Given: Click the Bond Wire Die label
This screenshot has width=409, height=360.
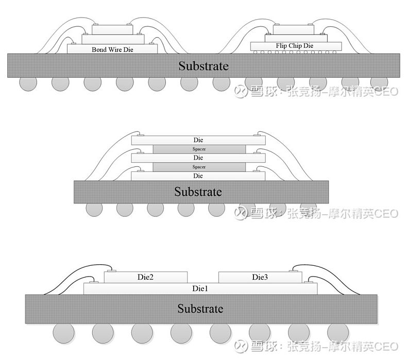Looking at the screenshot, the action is pyautogui.click(x=112, y=49).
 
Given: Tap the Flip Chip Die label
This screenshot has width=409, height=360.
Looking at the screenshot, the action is pyautogui.click(x=295, y=46).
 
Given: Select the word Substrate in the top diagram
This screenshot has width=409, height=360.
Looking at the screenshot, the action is pyautogui.click(x=203, y=66).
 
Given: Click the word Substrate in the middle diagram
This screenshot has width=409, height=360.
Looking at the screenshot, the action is pyautogui.click(x=198, y=192).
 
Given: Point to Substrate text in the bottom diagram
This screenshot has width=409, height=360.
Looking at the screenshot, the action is pyautogui.click(x=200, y=308).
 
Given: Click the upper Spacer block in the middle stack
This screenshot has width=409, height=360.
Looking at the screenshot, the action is pyautogui.click(x=199, y=149).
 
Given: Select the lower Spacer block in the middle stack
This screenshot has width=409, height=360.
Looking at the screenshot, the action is pyautogui.click(x=199, y=167).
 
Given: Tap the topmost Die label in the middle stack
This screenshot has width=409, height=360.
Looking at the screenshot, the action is pyautogui.click(x=198, y=140).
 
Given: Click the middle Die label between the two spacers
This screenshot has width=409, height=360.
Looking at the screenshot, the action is pyautogui.click(x=198, y=158).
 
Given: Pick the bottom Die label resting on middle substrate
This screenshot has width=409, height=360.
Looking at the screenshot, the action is pyautogui.click(x=198, y=176).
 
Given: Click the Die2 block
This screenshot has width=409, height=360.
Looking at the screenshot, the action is pyautogui.click(x=146, y=277).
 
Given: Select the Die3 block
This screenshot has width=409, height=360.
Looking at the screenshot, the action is pyautogui.click(x=260, y=277).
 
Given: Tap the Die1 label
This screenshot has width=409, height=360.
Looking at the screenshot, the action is pyautogui.click(x=200, y=288).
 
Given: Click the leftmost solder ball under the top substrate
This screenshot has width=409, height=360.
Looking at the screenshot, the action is pyautogui.click(x=28, y=83).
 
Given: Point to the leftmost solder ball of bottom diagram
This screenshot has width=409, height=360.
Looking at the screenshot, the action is pyautogui.click(x=63, y=333).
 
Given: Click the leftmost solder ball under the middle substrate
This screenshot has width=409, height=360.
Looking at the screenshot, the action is pyautogui.click(x=94, y=209).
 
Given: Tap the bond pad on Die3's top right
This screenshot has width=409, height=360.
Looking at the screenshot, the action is pyautogui.click(x=294, y=271).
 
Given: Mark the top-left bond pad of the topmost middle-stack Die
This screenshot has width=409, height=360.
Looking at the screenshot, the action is pyautogui.click(x=140, y=135).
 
